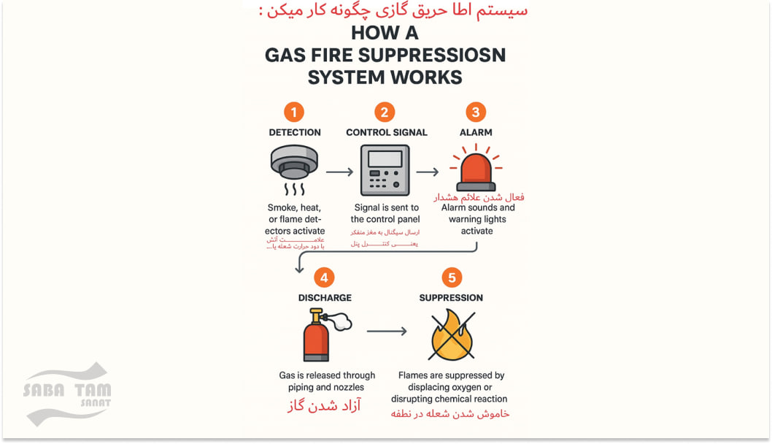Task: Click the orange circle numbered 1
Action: pyautogui.click(x=294, y=112)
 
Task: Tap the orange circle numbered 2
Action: pyautogui.click(x=385, y=112)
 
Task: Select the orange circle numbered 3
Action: pyautogui.click(x=476, y=112)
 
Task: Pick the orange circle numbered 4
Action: pyautogui.click(x=325, y=277)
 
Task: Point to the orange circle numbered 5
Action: pyautogui.click(x=452, y=277)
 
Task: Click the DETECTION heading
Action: pyautogui.click(x=295, y=133)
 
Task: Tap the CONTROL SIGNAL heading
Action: pyautogui.click(x=387, y=133)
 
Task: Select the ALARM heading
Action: pyautogui.click(x=476, y=133)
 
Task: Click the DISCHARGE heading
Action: pyautogui.click(x=325, y=298)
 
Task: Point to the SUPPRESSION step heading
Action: pyautogui.click(x=451, y=298)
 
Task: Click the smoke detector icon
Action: pyautogui.click(x=294, y=165)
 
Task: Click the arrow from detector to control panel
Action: pyautogui.click(x=339, y=172)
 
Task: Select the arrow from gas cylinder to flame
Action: pyautogui.click(x=387, y=331)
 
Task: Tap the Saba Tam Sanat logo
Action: pyautogui.click(x=67, y=394)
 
